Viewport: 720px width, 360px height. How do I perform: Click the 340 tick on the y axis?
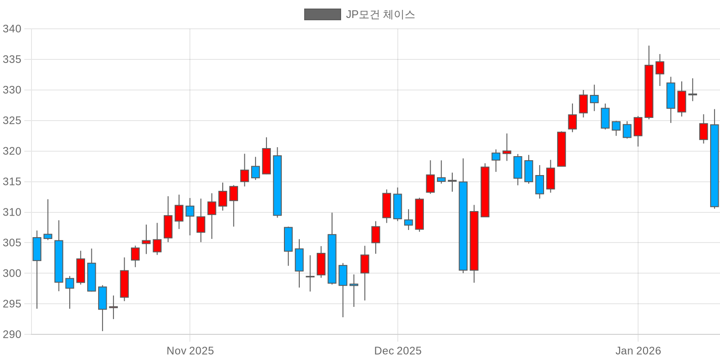coord(12,29)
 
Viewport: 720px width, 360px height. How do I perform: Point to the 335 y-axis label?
coord(12,59)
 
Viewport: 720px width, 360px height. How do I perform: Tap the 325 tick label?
coord(12,121)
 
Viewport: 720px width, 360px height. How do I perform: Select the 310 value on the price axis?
coord(12,212)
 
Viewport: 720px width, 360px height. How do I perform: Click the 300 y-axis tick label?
coord(12,273)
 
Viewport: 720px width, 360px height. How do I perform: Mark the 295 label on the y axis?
coord(12,304)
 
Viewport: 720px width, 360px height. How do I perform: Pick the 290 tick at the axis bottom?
coord(12,334)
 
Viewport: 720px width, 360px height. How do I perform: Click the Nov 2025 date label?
coord(190,351)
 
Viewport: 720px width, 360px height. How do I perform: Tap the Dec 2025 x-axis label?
coord(398,351)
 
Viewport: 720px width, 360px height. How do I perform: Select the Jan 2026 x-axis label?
coord(638,351)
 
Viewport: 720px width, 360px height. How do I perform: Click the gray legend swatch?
coord(322,14)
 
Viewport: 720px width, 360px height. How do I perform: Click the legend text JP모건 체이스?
coord(380,14)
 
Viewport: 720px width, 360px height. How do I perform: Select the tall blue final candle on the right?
coord(714,166)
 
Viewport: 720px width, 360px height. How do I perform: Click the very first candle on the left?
coord(37,249)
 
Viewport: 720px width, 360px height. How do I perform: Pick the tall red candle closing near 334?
coord(649,91)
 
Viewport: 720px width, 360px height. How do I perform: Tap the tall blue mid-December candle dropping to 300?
coord(463,226)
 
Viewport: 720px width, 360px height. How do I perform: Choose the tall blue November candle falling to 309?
coord(277,185)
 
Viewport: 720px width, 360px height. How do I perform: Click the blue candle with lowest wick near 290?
coord(103,298)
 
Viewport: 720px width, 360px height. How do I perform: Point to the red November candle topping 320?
coord(266,161)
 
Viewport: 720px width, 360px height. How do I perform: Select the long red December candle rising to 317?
coord(485,192)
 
